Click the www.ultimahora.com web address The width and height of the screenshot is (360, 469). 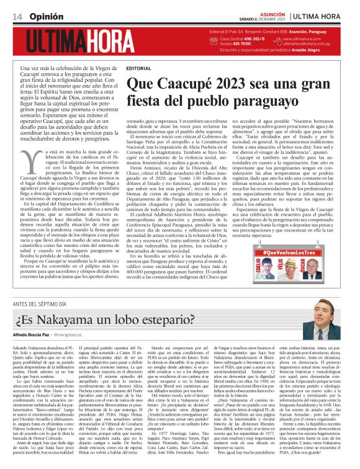click(305, 39)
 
